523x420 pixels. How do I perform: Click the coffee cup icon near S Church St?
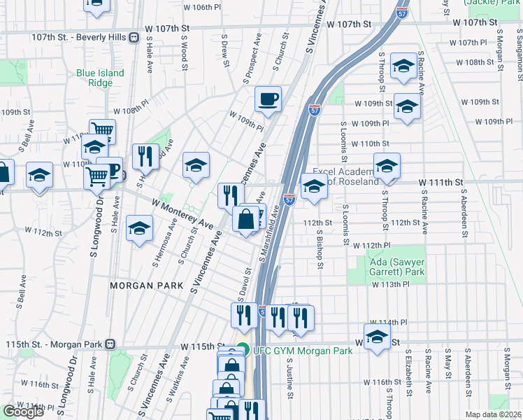point(267,99)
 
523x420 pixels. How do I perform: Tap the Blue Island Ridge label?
point(100,78)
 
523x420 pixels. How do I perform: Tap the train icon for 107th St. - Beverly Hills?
point(134,37)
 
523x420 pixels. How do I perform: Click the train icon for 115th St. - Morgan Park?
point(109,344)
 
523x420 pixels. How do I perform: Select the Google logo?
point(23,412)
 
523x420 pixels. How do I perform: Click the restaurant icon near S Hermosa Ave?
point(145,157)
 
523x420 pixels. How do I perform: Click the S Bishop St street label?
point(319,251)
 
